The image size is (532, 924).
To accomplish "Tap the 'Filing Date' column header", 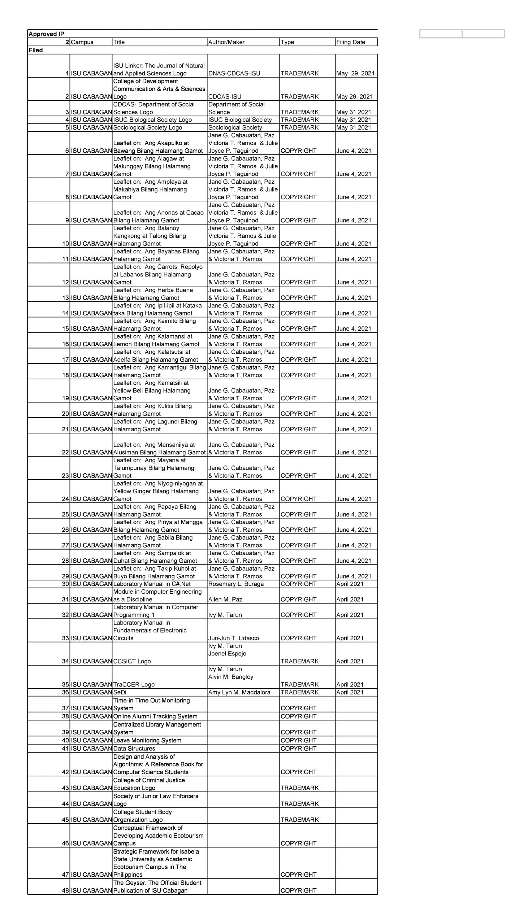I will (350, 42).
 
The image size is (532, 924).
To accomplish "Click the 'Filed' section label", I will (35, 50).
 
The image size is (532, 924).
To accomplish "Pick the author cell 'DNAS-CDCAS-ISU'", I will (234, 73).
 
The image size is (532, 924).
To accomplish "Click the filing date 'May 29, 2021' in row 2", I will (354, 97).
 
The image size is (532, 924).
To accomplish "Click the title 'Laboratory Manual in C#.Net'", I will (152, 584).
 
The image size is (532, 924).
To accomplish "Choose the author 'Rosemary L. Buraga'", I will (236, 584).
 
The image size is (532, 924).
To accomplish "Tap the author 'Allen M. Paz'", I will (225, 599).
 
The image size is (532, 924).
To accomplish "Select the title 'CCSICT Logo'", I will (132, 661).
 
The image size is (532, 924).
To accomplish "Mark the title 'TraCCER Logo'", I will (134, 684).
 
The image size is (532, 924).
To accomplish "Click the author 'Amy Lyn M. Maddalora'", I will (239, 692).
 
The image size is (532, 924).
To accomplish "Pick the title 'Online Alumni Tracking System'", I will (155, 716).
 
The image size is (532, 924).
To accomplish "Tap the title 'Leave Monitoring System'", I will (147, 740).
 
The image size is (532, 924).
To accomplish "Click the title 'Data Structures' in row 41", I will (134, 748).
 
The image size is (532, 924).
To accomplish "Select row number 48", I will (65, 890).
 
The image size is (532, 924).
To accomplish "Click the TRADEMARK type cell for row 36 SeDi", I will (299, 692).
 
